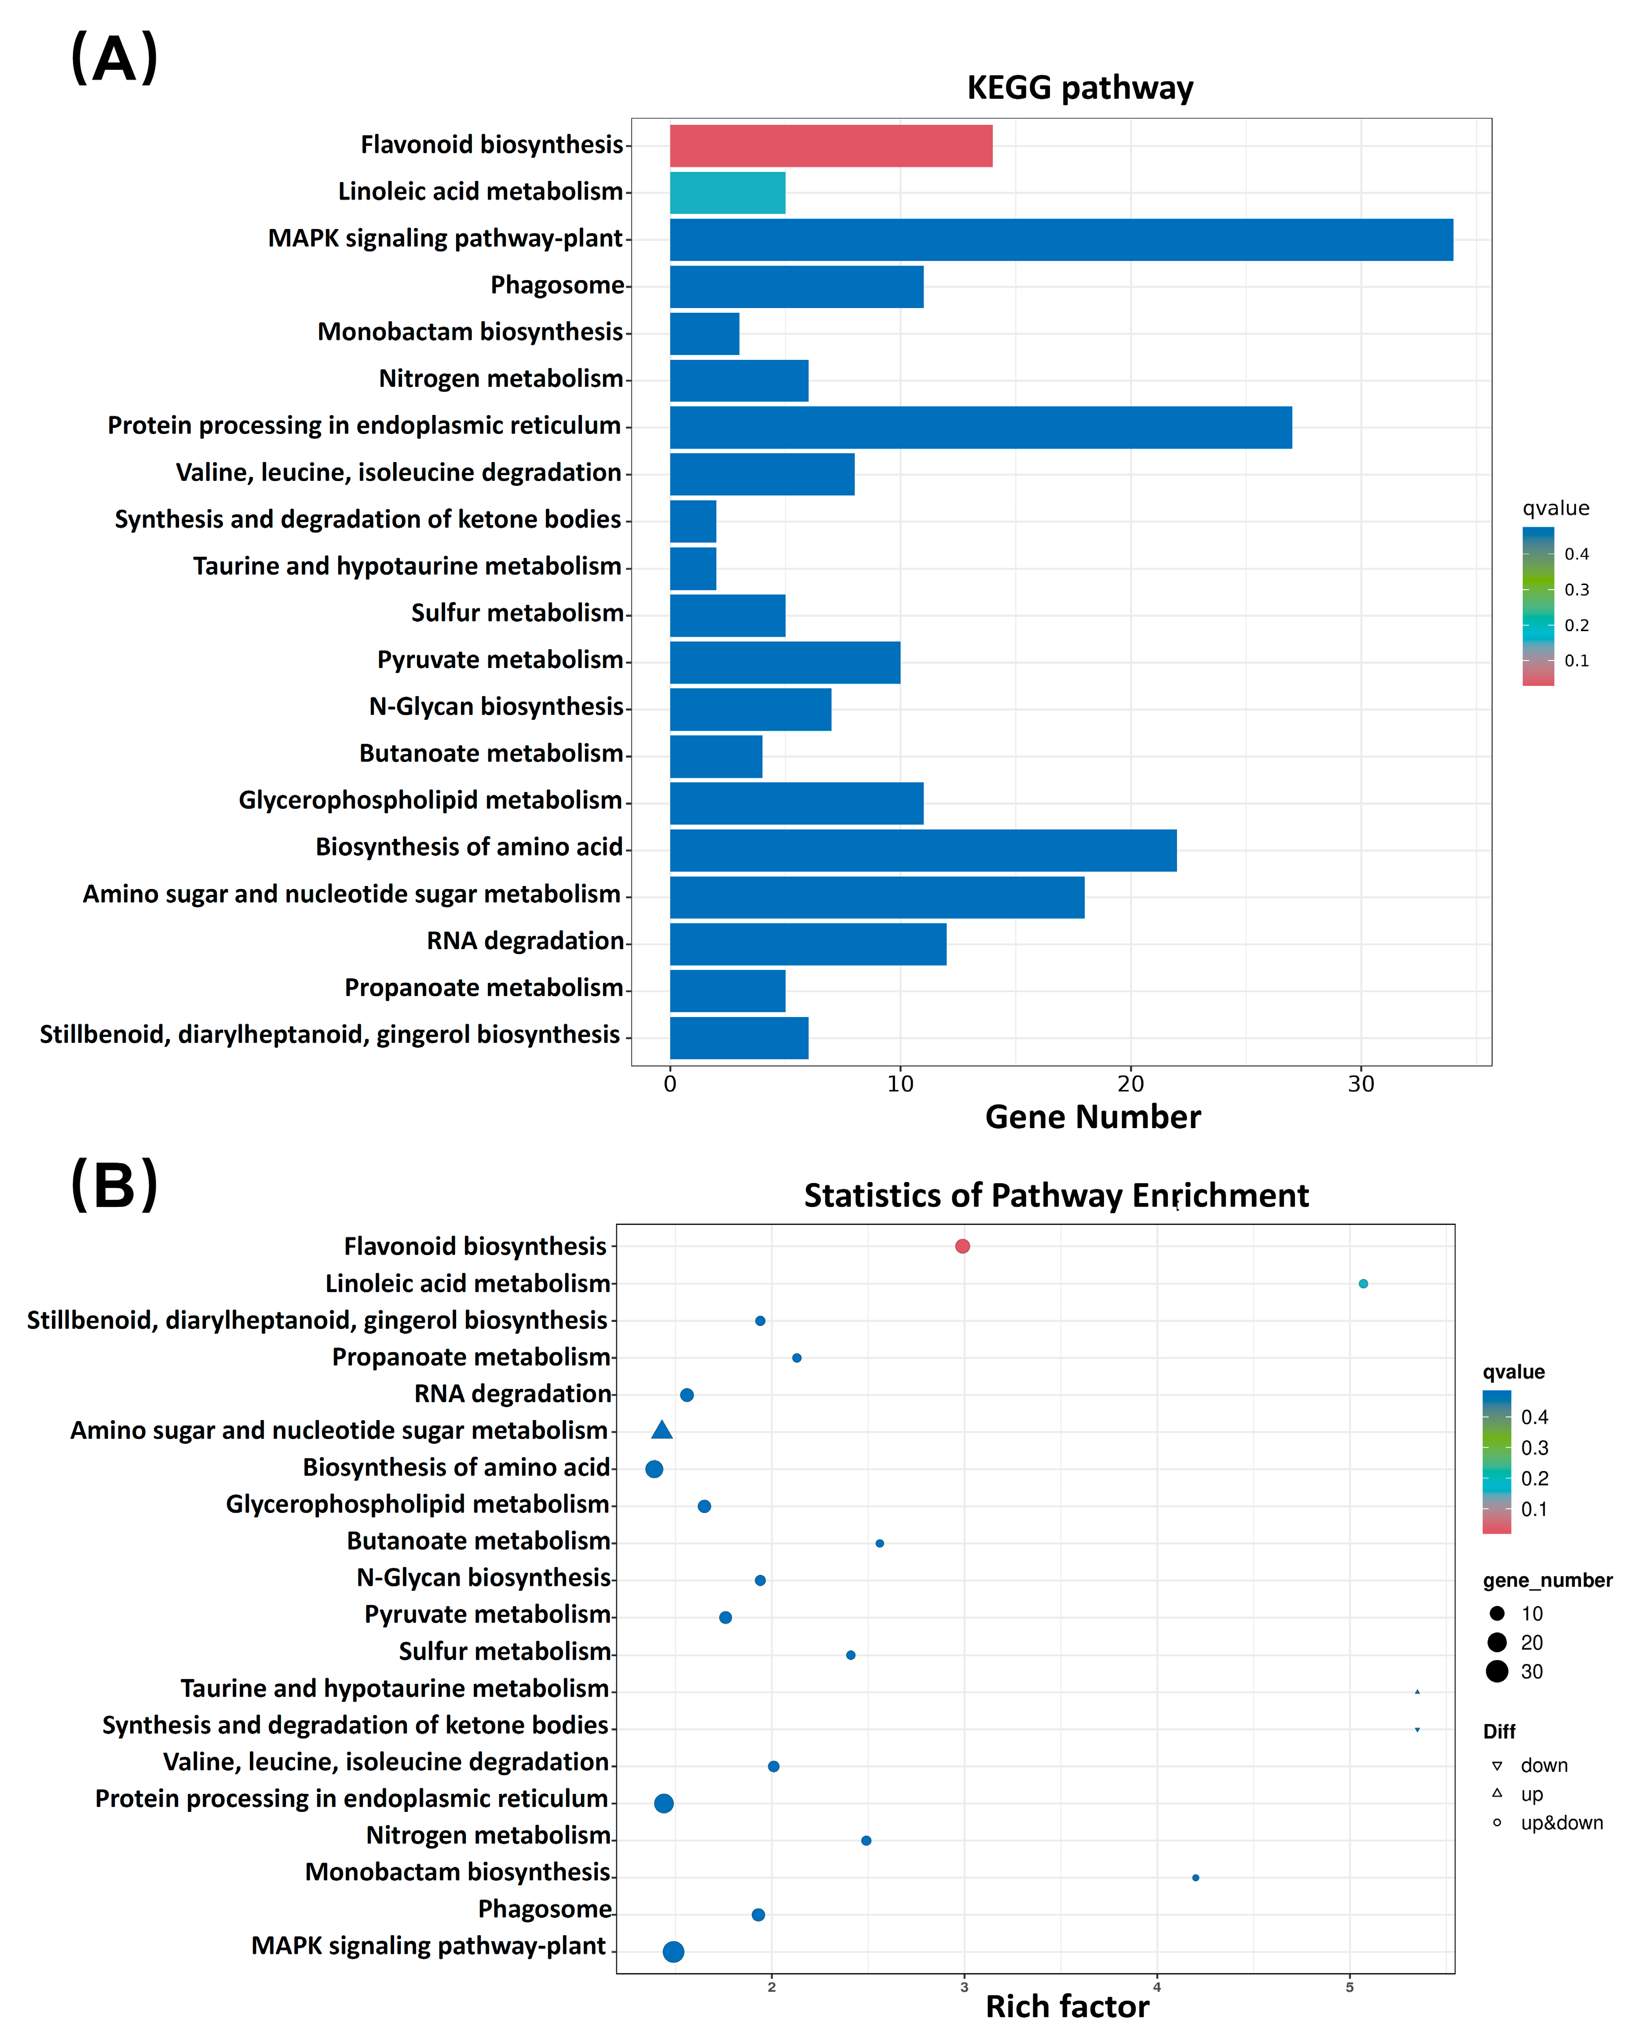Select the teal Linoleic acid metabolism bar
click(x=727, y=192)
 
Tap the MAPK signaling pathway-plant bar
click(x=1061, y=240)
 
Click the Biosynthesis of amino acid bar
click(x=923, y=850)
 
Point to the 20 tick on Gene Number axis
click(x=1130, y=1084)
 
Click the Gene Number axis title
click(x=1092, y=1117)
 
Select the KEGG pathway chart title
click(x=1080, y=88)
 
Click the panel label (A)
click(x=114, y=59)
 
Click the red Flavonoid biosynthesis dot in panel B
click(x=962, y=1247)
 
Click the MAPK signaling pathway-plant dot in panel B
click(x=673, y=1952)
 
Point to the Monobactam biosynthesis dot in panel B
click(x=1195, y=1878)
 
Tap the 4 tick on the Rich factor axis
click(x=1157, y=1986)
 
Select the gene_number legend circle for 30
click(x=1496, y=1672)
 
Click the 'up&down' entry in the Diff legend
click(x=1561, y=1823)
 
